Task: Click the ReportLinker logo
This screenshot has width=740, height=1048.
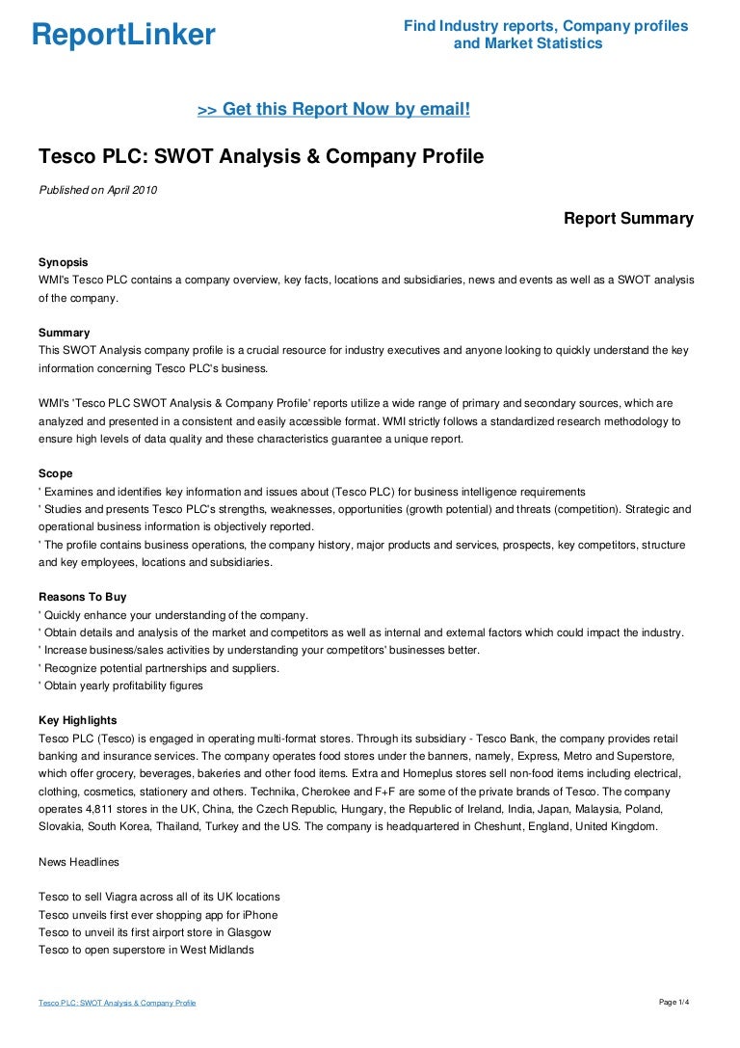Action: click(123, 35)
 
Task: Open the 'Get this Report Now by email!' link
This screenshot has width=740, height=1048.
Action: click(333, 110)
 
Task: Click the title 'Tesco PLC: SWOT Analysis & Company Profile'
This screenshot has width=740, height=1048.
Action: click(260, 155)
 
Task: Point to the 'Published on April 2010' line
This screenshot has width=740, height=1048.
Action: click(97, 190)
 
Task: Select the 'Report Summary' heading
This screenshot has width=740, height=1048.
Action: click(628, 219)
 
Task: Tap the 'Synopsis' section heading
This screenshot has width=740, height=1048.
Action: click(64, 262)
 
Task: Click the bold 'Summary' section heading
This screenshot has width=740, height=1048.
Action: click(64, 333)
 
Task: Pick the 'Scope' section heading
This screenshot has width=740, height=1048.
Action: click(55, 473)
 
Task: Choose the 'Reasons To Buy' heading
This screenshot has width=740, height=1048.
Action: click(82, 597)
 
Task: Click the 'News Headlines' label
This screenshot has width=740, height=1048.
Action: click(79, 861)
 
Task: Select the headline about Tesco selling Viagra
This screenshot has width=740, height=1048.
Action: click(159, 897)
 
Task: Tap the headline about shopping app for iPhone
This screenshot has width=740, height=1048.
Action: click(158, 914)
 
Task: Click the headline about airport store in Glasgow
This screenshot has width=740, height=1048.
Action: click(154, 932)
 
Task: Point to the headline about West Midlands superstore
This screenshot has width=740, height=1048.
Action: click(146, 950)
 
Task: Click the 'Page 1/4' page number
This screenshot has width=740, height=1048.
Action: click(674, 1003)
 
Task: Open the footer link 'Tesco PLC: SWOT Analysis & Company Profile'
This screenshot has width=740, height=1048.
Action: click(117, 1003)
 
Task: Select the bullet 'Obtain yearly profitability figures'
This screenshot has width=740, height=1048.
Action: click(122, 685)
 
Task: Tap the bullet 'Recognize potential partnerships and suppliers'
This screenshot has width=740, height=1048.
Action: click(159, 667)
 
